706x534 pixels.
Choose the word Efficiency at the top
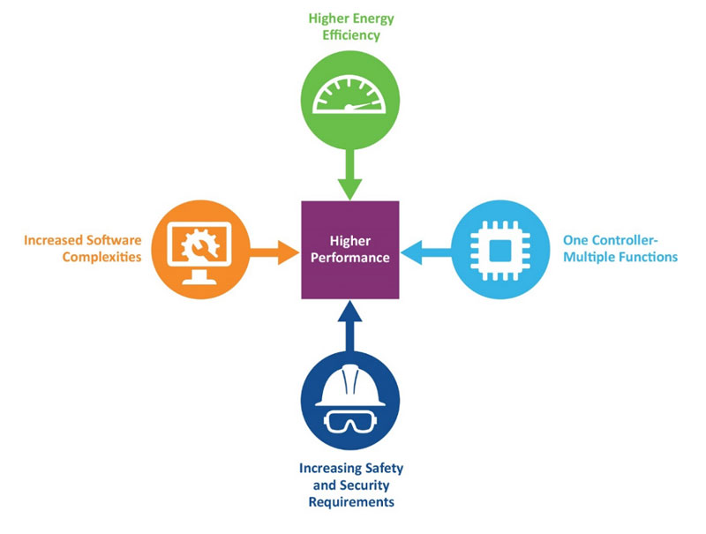[x=350, y=36]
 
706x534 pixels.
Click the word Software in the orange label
[x=113, y=240]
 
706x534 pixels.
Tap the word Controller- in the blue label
[x=630, y=240]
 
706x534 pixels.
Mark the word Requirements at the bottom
[x=351, y=502]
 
